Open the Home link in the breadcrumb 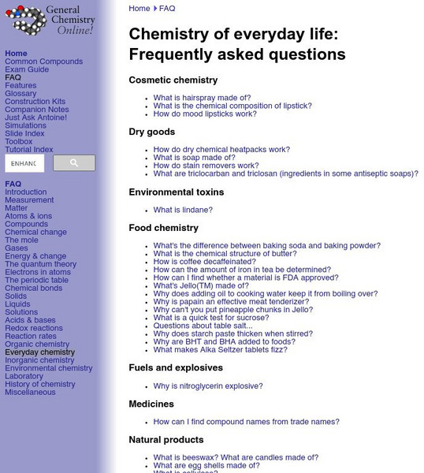[x=139, y=9]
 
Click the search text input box [x=24, y=163]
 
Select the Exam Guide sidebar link [x=27, y=69]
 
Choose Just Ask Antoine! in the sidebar [x=36, y=117]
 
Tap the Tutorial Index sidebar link [x=29, y=150]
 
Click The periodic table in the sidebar [x=37, y=280]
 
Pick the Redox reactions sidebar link [x=34, y=328]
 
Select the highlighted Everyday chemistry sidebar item [x=40, y=352]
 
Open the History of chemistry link [x=40, y=384]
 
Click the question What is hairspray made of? [x=202, y=98]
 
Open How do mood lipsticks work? [x=205, y=114]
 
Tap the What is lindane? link [x=183, y=210]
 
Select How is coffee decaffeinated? [x=205, y=261]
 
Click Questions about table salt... [x=203, y=326]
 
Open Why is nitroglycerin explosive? [x=208, y=386]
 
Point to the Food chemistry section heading [x=163, y=228]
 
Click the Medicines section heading [x=151, y=404]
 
